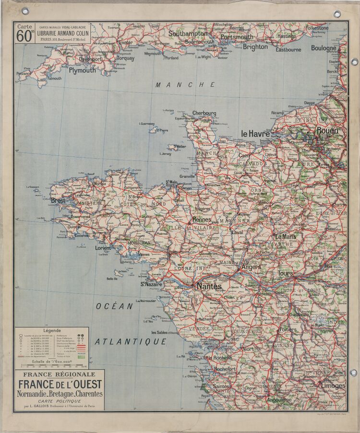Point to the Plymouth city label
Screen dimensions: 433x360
(82, 70)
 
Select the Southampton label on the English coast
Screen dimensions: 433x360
(188, 34)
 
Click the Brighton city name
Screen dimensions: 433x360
(255, 47)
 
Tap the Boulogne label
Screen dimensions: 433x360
(324, 48)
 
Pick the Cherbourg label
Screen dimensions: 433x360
(204, 114)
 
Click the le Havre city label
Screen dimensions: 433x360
(255, 134)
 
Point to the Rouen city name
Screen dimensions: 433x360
(327, 130)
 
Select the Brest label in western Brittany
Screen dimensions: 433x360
(58, 200)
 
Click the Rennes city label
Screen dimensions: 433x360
(202, 219)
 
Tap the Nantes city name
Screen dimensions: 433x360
(209, 286)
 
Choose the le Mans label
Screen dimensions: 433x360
(285, 236)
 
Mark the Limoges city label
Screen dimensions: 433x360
(333, 386)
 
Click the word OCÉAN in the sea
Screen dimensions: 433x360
(114, 306)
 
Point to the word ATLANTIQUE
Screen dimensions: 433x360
(131, 342)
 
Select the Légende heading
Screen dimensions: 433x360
(52, 330)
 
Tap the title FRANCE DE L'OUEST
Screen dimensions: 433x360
(60, 384)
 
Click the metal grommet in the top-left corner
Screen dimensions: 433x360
(25, 11)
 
